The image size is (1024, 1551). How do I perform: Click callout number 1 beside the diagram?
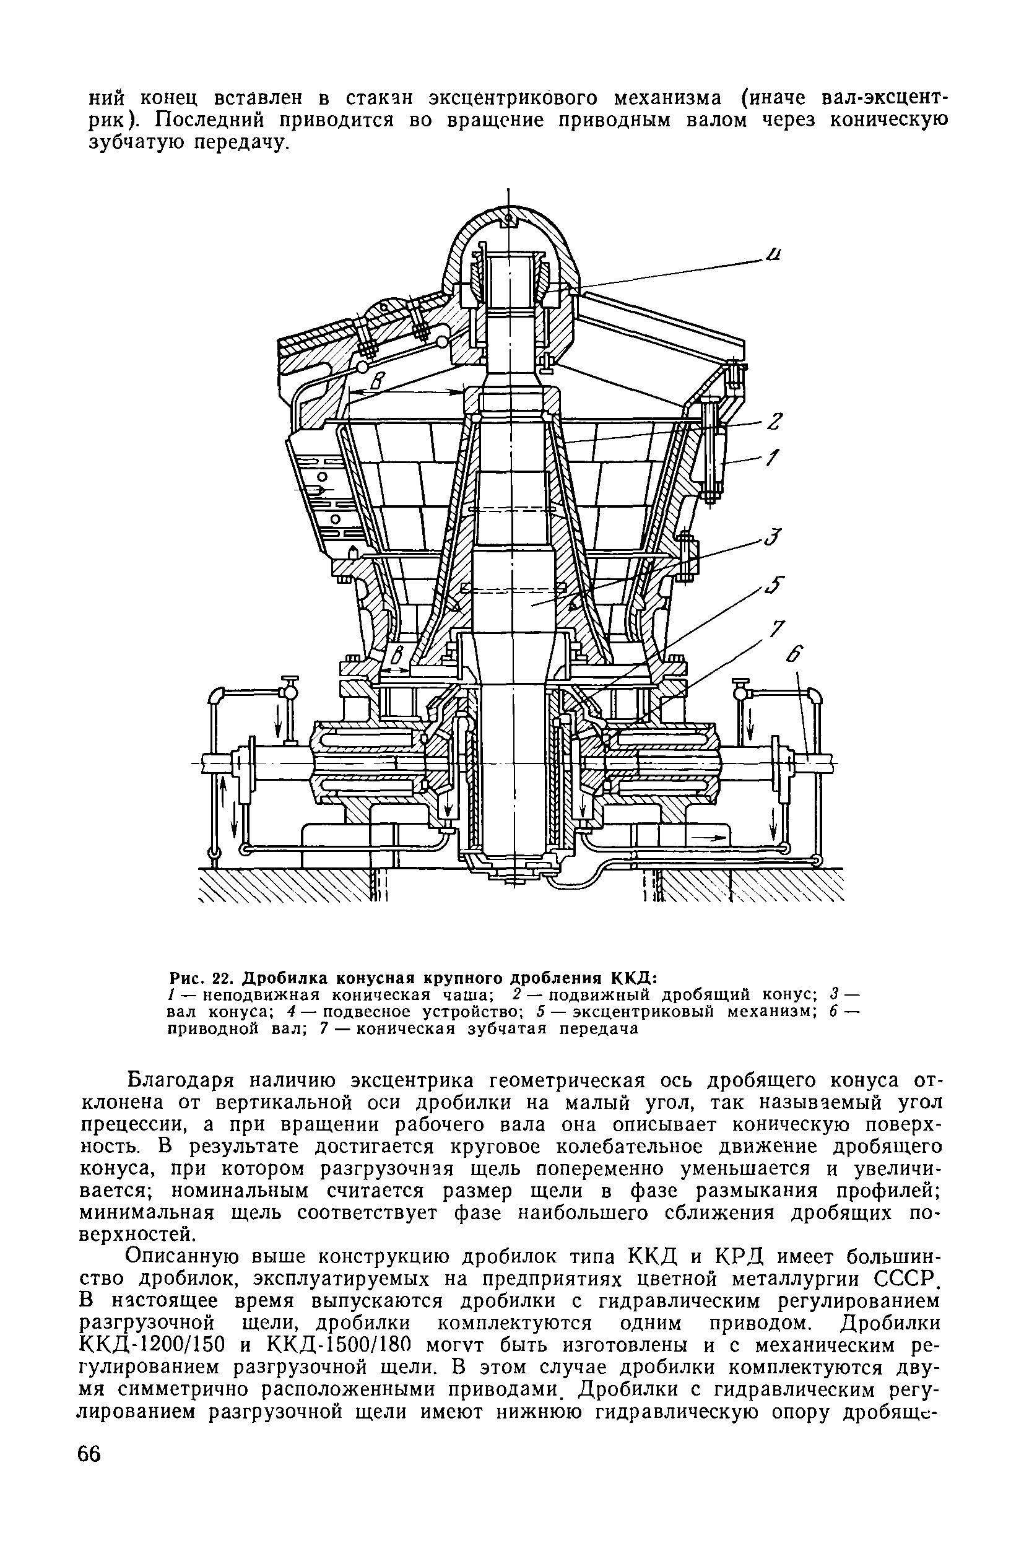771,459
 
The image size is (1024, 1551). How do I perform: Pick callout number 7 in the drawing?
776,630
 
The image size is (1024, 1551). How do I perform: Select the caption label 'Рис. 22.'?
202,978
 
